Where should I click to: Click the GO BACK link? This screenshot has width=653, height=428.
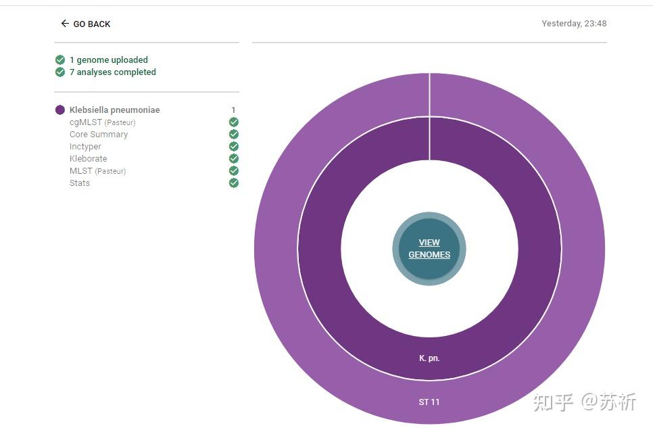click(x=91, y=24)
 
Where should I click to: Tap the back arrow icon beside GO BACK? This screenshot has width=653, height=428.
click(x=65, y=24)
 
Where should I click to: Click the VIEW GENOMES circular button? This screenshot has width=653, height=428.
click(x=429, y=249)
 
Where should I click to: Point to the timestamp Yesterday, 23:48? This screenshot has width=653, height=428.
click(x=574, y=24)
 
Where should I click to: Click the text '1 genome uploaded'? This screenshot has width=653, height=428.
click(x=109, y=60)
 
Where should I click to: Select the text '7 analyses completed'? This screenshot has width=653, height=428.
click(x=113, y=72)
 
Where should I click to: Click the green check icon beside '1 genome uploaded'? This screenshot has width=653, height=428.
click(x=60, y=60)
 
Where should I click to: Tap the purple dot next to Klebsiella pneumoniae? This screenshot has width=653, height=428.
click(x=60, y=110)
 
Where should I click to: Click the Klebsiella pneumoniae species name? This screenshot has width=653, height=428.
click(x=115, y=110)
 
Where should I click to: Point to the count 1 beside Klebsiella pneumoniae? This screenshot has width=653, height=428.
click(x=233, y=110)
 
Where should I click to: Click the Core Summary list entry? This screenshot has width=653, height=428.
click(x=99, y=135)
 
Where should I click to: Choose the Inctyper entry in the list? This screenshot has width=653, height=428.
click(x=85, y=147)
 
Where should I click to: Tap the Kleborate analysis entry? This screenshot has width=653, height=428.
click(x=89, y=159)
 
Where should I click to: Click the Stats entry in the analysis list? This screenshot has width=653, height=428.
click(x=80, y=183)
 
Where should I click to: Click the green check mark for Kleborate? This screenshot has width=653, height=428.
click(x=234, y=159)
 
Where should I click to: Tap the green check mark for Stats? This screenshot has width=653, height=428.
click(x=234, y=183)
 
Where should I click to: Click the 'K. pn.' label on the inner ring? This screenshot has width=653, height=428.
click(x=429, y=358)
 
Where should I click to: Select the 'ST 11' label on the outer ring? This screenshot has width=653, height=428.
click(x=429, y=402)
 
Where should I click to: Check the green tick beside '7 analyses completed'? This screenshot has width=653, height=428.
click(x=60, y=72)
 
